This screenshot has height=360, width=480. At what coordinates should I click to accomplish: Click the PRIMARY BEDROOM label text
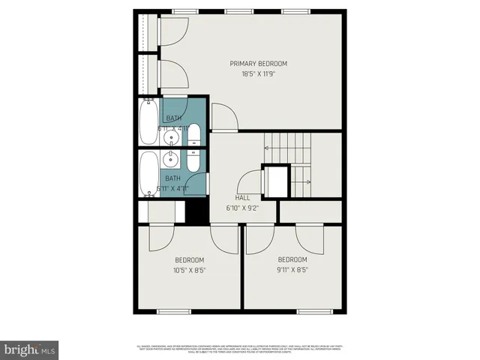(x=258, y=64)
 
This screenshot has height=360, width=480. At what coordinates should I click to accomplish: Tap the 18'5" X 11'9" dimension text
(x=258, y=74)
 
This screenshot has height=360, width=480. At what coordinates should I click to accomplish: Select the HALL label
(x=242, y=198)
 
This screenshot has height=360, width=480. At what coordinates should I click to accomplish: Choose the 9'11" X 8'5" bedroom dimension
(x=292, y=271)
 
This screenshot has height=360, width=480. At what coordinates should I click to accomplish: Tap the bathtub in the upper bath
(x=148, y=123)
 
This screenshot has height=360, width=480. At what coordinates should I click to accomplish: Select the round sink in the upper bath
(x=173, y=137)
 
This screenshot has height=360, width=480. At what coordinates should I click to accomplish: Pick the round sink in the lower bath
(x=173, y=159)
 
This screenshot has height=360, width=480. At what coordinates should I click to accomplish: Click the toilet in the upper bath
(x=193, y=136)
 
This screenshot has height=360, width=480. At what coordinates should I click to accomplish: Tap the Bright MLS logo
(x=29, y=349)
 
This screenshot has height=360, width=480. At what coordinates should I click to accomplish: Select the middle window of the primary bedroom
(x=238, y=12)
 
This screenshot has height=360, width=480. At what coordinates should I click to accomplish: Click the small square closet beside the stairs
(x=275, y=181)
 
